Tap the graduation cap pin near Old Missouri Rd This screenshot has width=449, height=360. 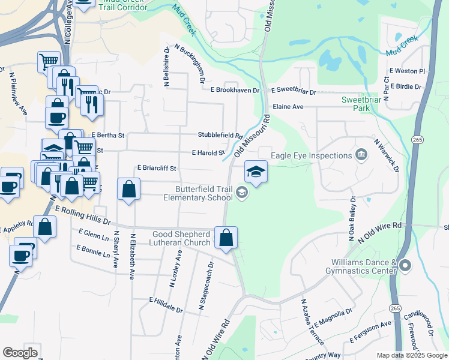256,173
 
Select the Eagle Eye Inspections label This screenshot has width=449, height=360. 311,155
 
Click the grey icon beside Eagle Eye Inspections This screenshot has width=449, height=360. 361,155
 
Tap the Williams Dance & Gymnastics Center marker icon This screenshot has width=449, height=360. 405,265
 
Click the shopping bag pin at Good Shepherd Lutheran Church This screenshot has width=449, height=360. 226,238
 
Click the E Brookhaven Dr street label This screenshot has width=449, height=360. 235,90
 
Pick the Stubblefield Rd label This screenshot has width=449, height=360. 220,136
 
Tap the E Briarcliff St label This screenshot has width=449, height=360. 157,169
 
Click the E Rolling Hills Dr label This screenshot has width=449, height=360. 83,215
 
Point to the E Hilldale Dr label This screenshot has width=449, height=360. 166,305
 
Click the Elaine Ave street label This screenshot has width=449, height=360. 288,106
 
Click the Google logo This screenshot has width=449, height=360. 20,353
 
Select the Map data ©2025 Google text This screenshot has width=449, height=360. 412,355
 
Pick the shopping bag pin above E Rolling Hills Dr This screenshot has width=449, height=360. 129,190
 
